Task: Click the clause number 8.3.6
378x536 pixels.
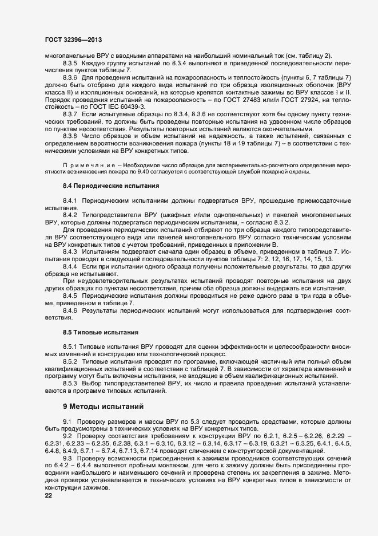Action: (70, 77)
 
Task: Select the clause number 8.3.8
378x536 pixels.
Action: (70, 136)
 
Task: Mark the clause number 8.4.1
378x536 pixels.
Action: (70, 200)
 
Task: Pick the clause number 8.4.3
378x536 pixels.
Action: (70, 252)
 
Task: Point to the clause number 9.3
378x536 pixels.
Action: (67, 459)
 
